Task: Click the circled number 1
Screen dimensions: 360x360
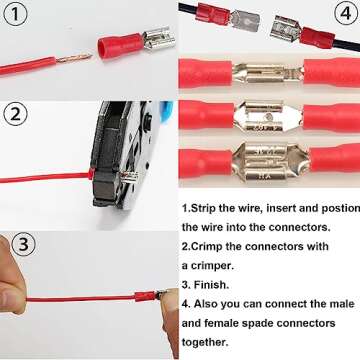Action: (x=14, y=14)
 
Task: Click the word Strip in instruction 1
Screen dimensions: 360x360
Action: (x=208, y=208)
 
